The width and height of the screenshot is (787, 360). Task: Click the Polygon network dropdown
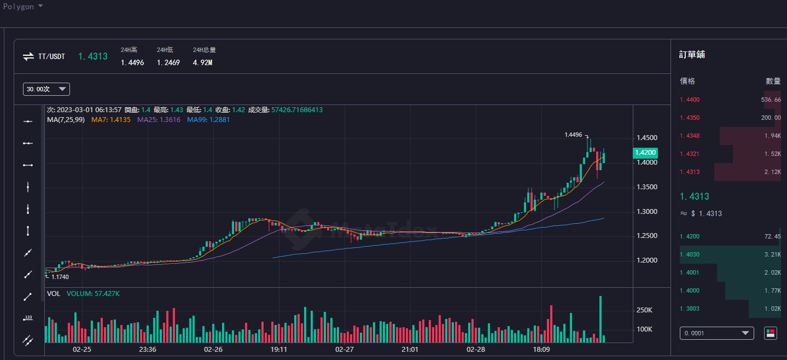click(23, 7)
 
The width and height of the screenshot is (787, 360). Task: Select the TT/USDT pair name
click(51, 56)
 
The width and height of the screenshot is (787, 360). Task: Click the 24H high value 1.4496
click(132, 62)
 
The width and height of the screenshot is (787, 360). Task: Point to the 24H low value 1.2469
click(168, 62)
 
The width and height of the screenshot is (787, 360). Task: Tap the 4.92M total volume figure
click(202, 62)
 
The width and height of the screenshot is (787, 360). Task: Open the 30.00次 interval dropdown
click(46, 89)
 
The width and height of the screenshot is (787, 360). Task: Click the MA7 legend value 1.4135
click(111, 119)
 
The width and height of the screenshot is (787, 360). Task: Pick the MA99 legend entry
click(208, 119)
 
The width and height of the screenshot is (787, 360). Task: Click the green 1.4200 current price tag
click(645, 153)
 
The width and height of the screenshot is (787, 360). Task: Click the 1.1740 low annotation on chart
click(60, 277)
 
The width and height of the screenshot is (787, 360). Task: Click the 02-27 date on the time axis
click(344, 349)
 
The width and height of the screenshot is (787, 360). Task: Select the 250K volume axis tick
click(644, 310)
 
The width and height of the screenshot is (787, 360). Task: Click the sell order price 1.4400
click(689, 100)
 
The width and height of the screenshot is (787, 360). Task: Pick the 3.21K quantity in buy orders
click(772, 254)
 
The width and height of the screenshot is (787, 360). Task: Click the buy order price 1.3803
click(689, 309)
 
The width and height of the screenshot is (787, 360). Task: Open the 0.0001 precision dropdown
click(716, 333)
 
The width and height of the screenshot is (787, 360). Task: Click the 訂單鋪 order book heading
click(692, 55)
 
